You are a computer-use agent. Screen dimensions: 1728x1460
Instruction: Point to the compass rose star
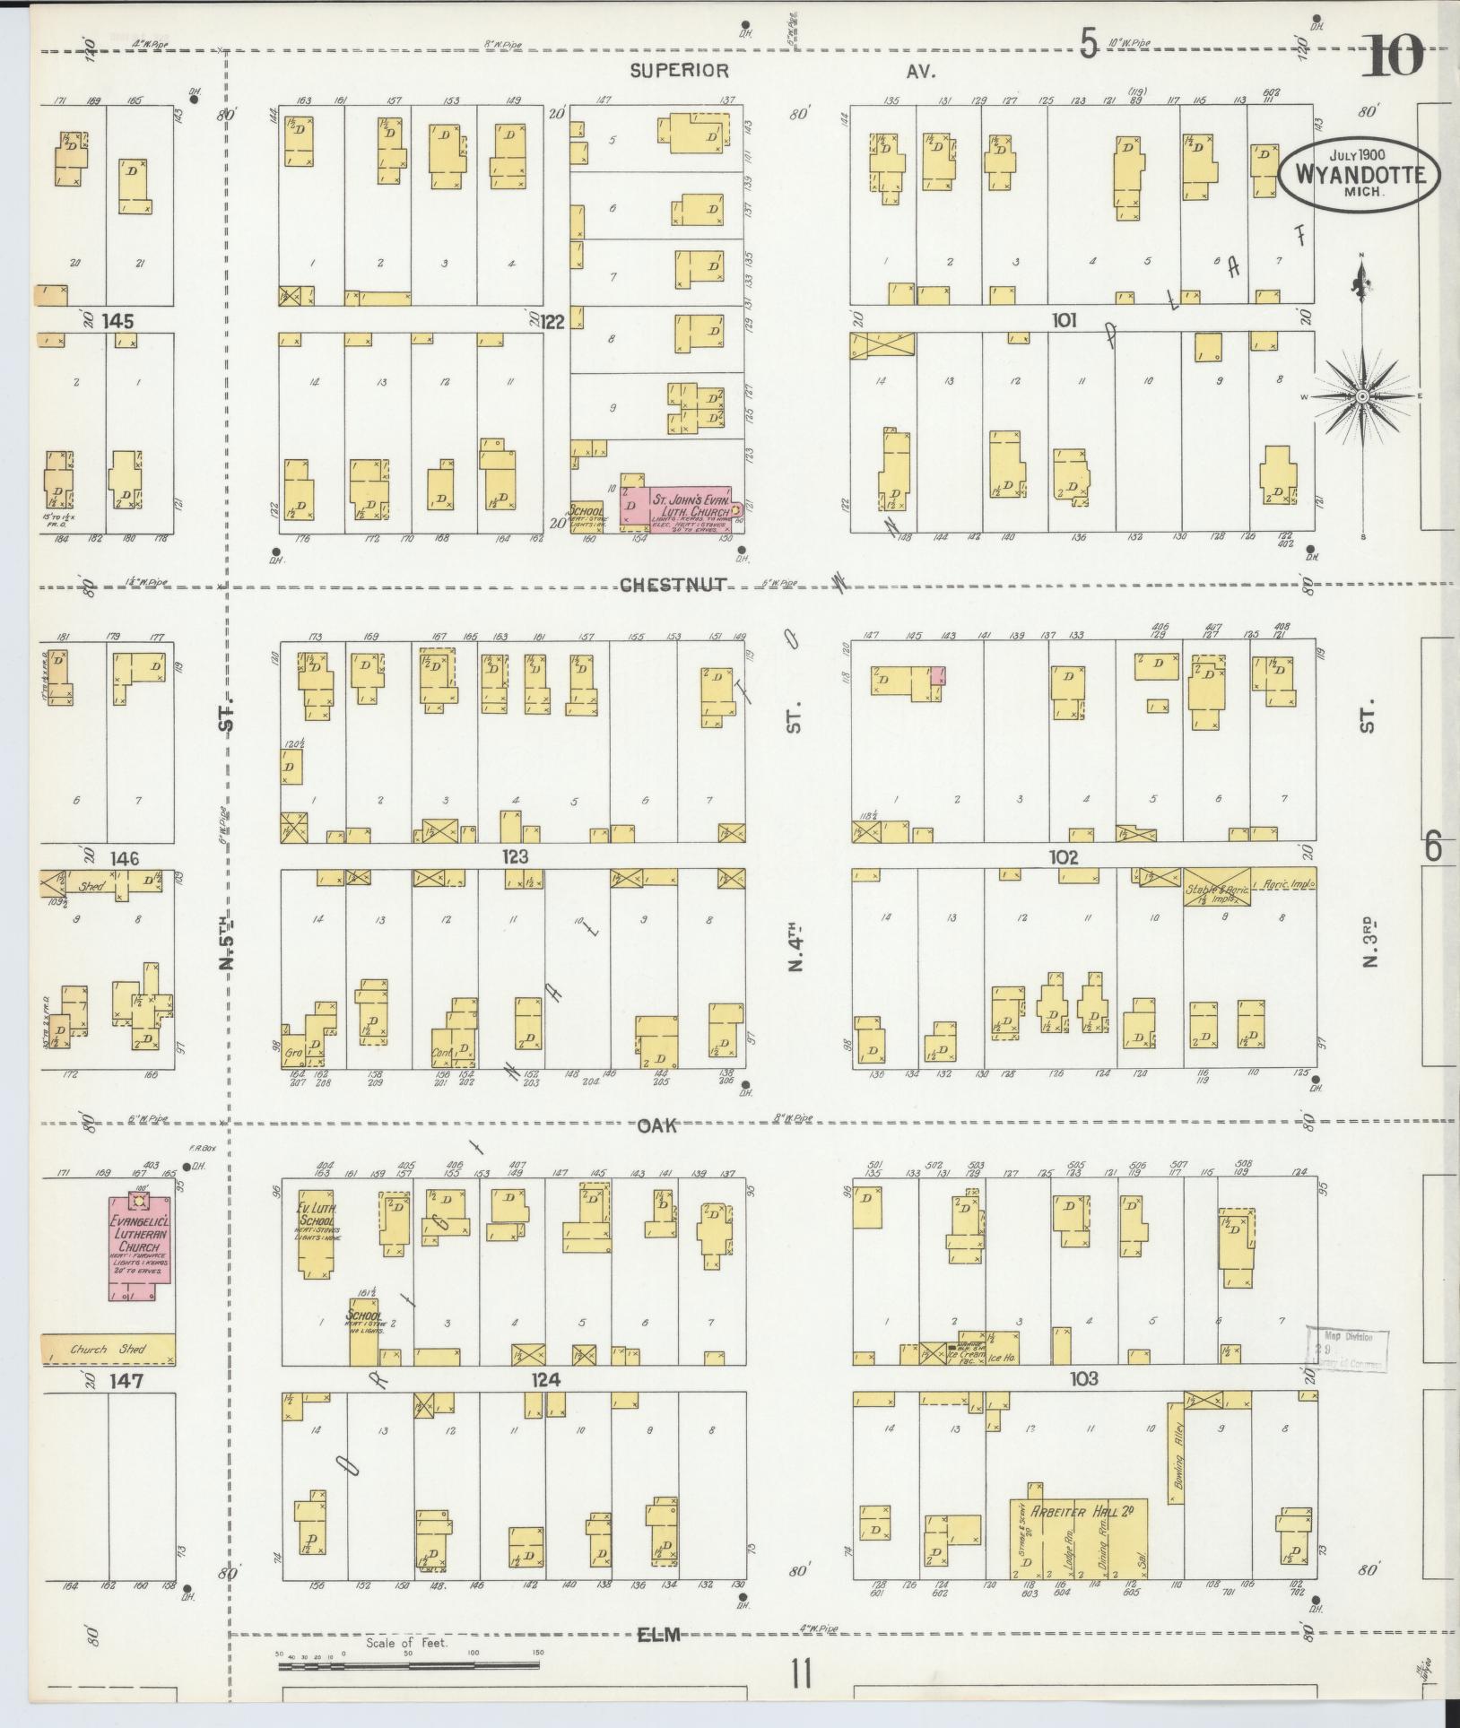pyautogui.click(x=1361, y=396)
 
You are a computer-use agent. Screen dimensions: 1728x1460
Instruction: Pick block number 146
pyautogui.click(x=124, y=858)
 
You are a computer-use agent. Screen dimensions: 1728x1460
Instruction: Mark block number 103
pyautogui.click(x=1083, y=1378)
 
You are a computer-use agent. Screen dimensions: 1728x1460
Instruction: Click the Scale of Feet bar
pyautogui.click(x=408, y=1666)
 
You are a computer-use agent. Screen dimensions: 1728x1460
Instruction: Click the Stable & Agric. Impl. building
pyautogui.click(x=1216, y=886)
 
